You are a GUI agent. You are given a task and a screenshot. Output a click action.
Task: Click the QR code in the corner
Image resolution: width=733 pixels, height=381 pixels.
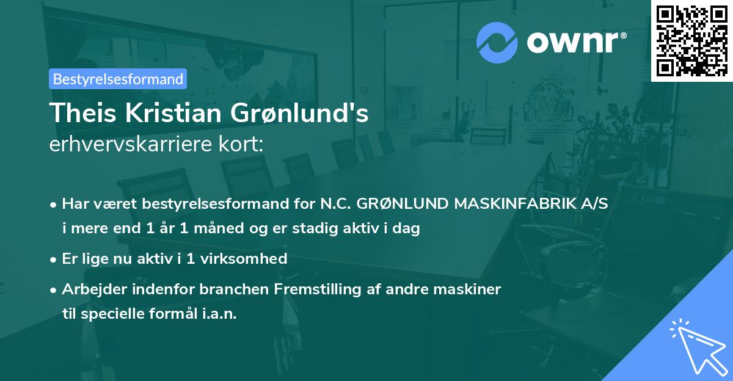tap(691, 40)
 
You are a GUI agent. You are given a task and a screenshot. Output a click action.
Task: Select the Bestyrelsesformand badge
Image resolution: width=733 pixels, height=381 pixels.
tap(118, 79)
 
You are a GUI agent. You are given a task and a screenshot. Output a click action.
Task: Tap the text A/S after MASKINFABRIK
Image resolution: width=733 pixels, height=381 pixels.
tap(595, 204)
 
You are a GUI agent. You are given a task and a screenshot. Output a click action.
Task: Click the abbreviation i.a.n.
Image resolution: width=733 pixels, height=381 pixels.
tap(219, 314)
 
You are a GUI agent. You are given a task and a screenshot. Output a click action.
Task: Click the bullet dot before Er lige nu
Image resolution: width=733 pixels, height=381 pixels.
tap(54, 259)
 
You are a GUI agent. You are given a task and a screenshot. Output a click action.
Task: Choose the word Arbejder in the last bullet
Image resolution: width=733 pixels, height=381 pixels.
tap(89, 289)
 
